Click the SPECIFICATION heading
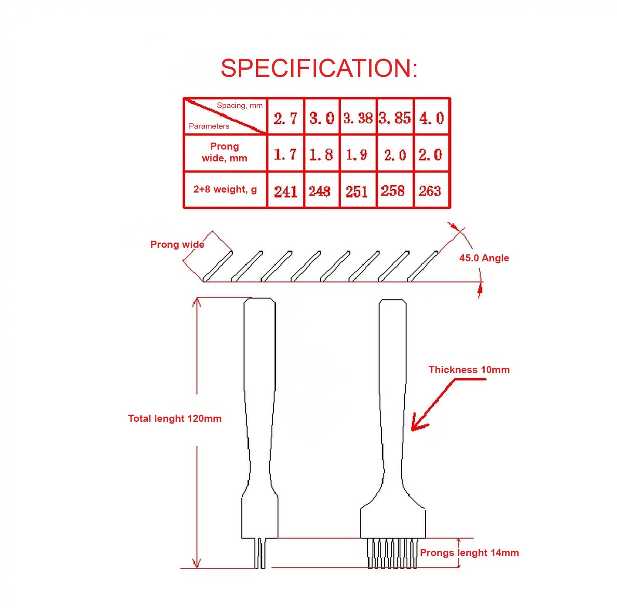coord(319,68)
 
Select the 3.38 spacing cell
coord(358,118)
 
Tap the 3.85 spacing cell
coord(395,118)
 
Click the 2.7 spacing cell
coord(285,118)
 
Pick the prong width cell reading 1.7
coord(285,154)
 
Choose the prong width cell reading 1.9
coord(357,154)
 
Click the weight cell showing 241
coord(285,191)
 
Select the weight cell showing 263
coord(430,190)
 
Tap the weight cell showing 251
coord(357,191)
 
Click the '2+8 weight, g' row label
coord(225,189)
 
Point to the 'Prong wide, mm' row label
coord(225,152)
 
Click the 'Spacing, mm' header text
coord(240,105)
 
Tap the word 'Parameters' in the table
coord(209,126)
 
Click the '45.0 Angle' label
coord(484,258)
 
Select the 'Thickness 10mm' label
coord(469,370)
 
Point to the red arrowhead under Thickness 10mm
coord(417,425)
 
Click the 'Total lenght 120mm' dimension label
coord(175,418)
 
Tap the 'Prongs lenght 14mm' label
coord(469,553)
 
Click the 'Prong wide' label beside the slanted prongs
coord(177,245)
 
